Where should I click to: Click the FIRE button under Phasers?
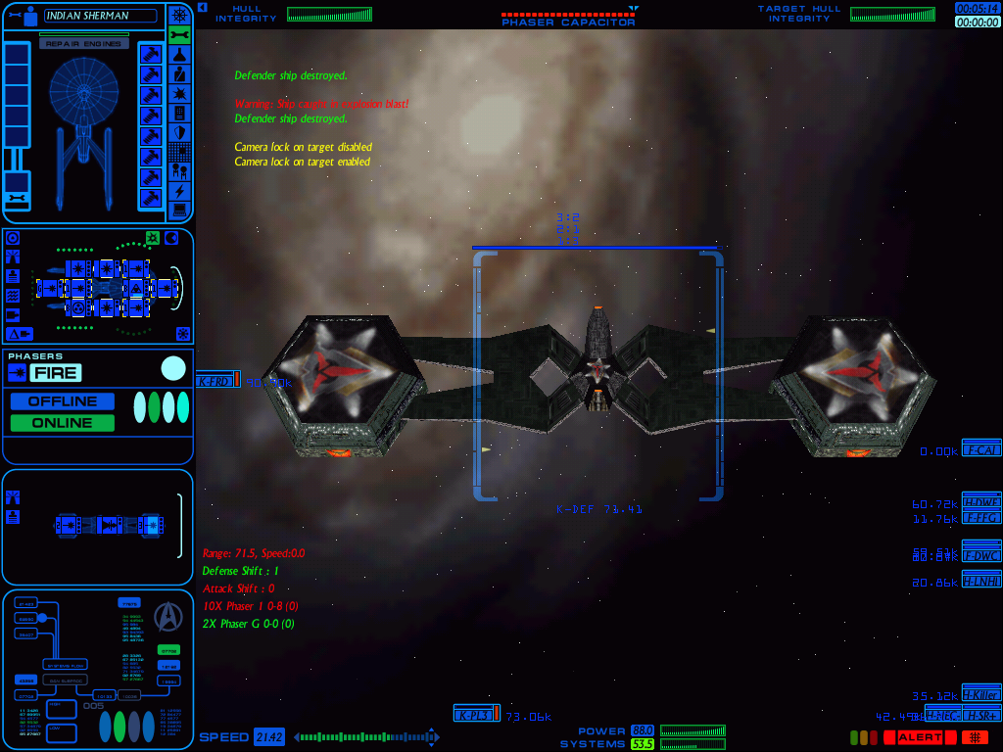(x=55, y=372)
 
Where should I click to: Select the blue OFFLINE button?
(x=63, y=401)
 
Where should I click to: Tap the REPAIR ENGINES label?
(x=83, y=44)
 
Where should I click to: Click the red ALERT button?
(x=919, y=737)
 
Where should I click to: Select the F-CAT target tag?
(x=981, y=449)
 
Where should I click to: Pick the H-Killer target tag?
(x=981, y=694)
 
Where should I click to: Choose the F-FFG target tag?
(x=981, y=517)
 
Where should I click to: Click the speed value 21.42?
(x=268, y=737)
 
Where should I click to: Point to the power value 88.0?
(x=643, y=730)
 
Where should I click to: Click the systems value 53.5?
(x=643, y=744)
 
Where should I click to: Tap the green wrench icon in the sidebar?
(x=179, y=34)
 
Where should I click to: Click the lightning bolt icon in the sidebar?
(x=179, y=191)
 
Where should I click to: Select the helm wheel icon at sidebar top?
(x=179, y=15)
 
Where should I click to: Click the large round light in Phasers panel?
(x=173, y=368)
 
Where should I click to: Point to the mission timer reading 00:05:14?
(x=978, y=8)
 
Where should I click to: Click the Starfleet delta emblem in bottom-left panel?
(x=169, y=616)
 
